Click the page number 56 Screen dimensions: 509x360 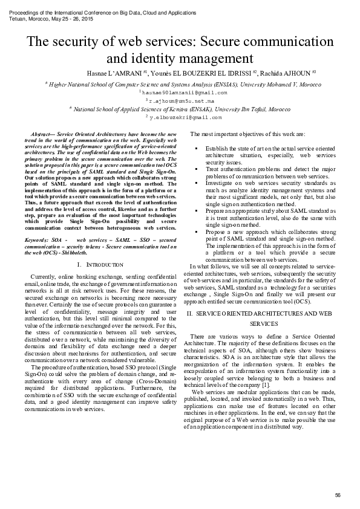(x=338, y=495)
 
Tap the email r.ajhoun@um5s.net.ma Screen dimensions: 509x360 (x=181, y=102)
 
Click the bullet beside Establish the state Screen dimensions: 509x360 (x=197, y=148)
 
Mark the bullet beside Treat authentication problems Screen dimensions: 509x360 (x=197, y=169)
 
